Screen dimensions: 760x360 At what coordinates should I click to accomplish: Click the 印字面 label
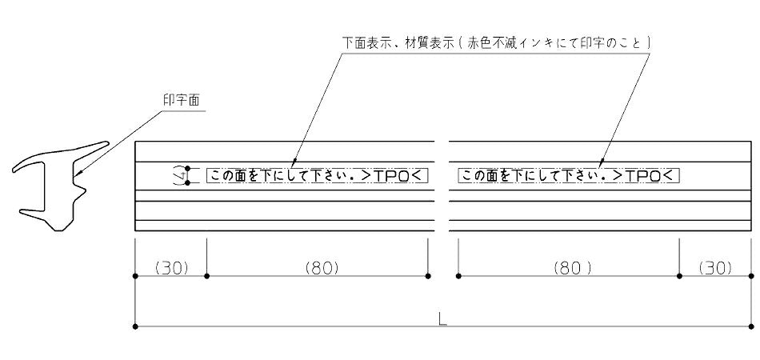point(182,100)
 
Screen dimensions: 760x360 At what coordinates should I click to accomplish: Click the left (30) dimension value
point(170,267)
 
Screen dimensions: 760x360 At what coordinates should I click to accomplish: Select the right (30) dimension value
point(715,267)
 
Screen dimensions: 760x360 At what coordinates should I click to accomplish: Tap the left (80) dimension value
point(322,267)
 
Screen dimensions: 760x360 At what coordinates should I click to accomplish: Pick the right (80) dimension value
point(573,267)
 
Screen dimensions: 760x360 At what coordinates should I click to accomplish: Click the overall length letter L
point(442,319)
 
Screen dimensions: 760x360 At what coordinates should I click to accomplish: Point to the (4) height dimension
point(180,175)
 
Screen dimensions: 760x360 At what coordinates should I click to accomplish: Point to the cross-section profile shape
point(61,186)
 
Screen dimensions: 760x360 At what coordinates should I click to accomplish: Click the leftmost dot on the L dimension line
point(135,326)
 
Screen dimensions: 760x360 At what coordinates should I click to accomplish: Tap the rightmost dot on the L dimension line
point(750,326)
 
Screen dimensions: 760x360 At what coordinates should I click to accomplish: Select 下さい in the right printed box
point(576,175)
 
